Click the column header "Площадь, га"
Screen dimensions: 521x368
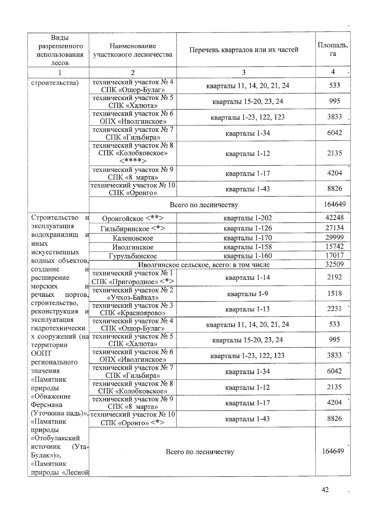[333, 49]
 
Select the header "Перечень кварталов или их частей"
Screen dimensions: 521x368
[244, 50]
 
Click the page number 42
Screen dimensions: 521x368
[325, 490]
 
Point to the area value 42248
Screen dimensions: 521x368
[334, 218]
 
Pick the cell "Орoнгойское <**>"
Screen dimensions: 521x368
[133, 218]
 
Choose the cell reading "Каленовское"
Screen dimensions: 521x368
[133, 238]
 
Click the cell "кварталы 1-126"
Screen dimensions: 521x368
[247, 228]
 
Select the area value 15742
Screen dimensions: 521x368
[334, 246]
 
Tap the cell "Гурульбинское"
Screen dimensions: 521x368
[133, 256]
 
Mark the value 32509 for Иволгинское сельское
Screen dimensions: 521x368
[334, 264]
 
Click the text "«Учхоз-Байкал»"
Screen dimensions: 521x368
[133, 297]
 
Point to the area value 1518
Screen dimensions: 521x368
[334, 293]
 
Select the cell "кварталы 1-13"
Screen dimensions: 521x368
[247, 309]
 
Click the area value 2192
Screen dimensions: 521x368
[334, 277]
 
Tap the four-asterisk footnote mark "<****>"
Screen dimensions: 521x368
[133, 161]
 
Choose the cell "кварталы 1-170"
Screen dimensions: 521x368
[247, 238]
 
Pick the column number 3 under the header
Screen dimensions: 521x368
[243, 72]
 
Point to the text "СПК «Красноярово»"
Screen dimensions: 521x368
[133, 313]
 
